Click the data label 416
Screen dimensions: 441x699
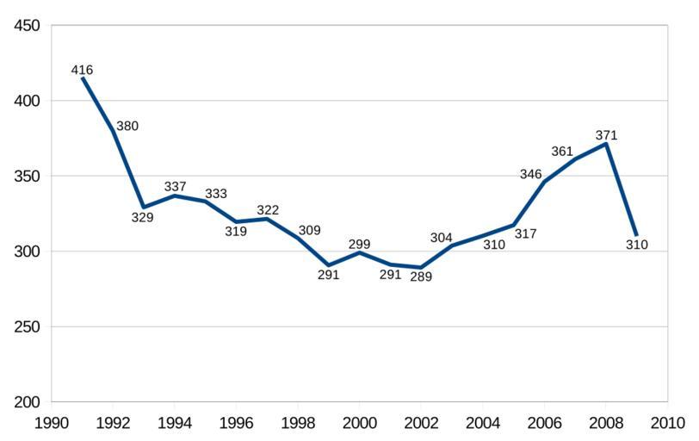click(82, 70)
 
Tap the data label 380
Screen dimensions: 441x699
click(127, 126)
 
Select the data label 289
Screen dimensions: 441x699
click(420, 276)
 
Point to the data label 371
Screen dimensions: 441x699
click(606, 135)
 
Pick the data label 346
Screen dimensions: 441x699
click(530, 174)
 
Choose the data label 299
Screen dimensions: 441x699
click(359, 244)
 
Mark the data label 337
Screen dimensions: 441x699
click(175, 187)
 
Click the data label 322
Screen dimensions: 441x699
click(268, 210)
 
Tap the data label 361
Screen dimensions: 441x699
click(561, 152)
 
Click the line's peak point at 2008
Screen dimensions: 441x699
click(606, 144)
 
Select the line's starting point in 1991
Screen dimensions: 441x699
click(83, 78)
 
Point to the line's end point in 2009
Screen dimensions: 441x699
click(636, 235)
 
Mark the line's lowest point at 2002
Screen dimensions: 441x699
click(421, 268)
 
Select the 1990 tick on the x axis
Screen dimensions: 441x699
click(52, 423)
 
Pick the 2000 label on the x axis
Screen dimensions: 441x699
click(359, 423)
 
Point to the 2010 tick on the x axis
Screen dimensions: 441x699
click(667, 423)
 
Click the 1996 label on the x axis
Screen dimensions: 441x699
click(236, 423)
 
